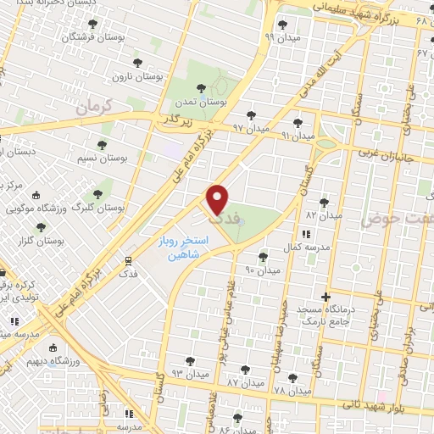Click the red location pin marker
219,199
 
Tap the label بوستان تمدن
197,101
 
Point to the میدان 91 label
298,136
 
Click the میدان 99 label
281,36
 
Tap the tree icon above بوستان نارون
136,63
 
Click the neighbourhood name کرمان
93,107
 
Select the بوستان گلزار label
35,241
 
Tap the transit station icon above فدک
127,261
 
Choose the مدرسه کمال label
304,247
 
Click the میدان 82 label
323,216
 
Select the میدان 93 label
189,373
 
